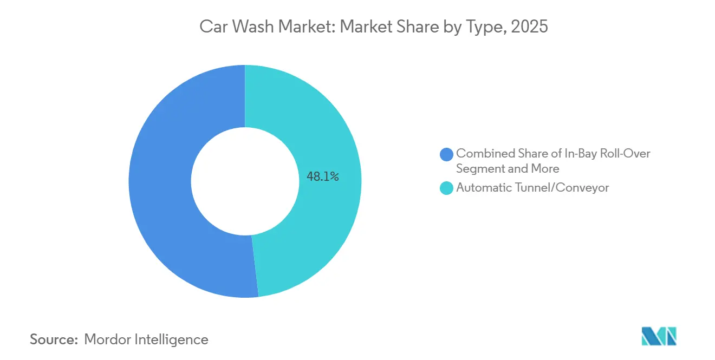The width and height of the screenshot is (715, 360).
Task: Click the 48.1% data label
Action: (x=323, y=176)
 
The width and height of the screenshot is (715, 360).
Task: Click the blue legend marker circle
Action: (x=447, y=154)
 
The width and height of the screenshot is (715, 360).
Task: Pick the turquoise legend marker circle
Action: (x=447, y=188)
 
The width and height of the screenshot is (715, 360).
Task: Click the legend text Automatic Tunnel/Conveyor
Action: (x=532, y=188)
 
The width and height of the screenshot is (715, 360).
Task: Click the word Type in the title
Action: (x=485, y=27)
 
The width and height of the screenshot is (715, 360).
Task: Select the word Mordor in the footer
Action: (x=108, y=339)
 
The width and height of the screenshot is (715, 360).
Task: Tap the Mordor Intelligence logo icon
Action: (x=659, y=336)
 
